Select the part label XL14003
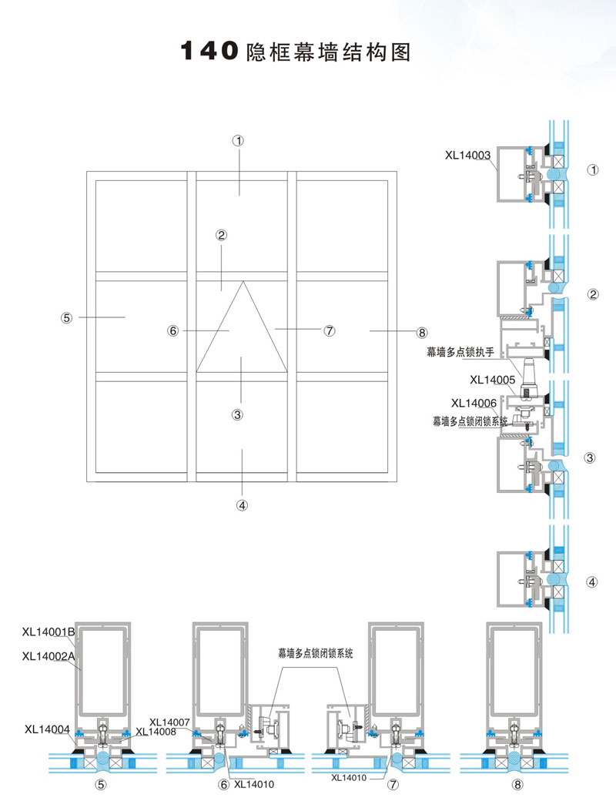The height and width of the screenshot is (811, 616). pos(468,155)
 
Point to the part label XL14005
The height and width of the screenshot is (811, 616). pos(493,379)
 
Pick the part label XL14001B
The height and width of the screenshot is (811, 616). pos(49,632)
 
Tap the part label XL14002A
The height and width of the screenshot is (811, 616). pos(49,656)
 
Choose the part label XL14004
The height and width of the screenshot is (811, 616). pos(48,728)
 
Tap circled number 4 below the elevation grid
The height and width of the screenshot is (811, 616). pos(242,506)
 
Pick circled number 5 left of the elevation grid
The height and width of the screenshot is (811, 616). pos(66,317)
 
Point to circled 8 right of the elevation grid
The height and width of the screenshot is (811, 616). pos(421,333)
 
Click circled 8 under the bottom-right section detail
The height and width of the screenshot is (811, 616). pos(517,785)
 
